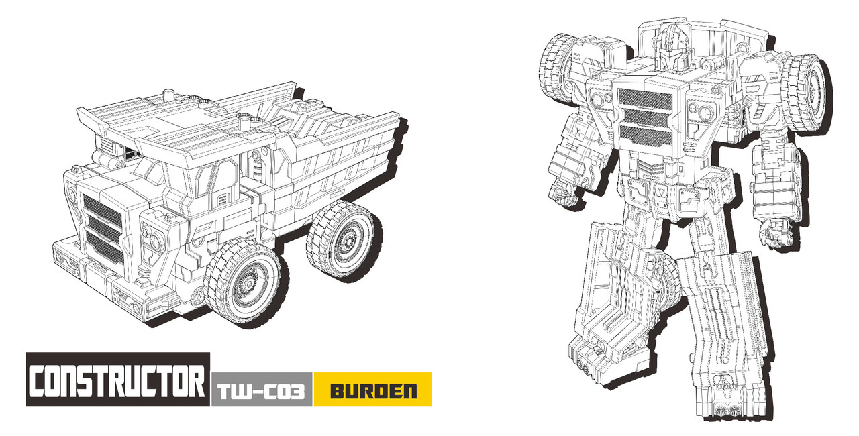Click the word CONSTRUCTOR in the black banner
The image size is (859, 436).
(x=117, y=381)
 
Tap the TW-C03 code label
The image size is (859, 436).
(x=262, y=392)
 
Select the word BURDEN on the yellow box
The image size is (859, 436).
(x=374, y=391)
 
